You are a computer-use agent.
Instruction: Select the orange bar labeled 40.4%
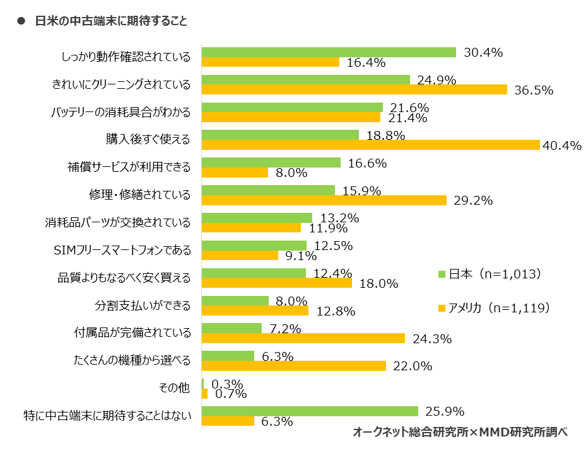370,145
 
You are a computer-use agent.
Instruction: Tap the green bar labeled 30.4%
328,52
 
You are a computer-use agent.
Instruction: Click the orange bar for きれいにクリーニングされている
354,89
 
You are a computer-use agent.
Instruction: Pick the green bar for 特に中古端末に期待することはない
309,411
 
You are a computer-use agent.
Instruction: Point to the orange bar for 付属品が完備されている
303,338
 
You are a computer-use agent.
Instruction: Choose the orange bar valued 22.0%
293,366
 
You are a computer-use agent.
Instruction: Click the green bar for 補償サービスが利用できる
271,162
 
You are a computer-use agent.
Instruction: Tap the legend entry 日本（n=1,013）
490,274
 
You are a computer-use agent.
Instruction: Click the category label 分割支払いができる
143,305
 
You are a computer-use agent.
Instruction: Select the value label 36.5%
534,90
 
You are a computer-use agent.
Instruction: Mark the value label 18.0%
378,283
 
